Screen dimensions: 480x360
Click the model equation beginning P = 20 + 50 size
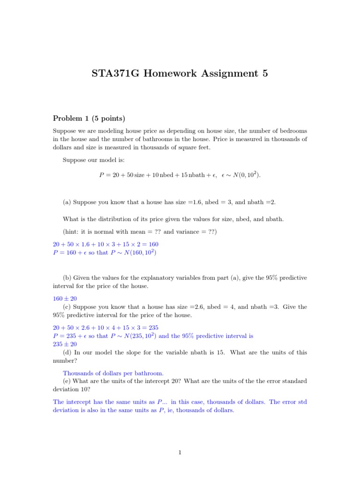pos(180,175)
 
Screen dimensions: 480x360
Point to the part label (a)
pos(67,202)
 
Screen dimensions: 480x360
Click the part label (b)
pos(67,278)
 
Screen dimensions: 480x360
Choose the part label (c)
pos(67,307)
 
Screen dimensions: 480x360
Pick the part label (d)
pos(67,352)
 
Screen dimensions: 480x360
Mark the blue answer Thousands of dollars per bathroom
pos(113,373)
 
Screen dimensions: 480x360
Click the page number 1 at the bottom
pos(180,452)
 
